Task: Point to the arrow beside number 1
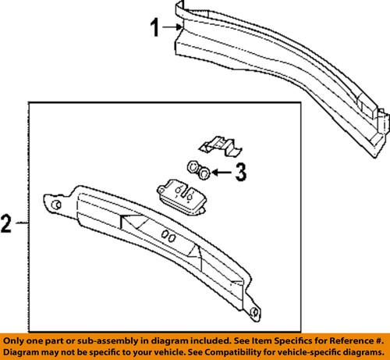(x=174, y=29)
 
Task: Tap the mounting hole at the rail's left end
(x=56, y=205)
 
